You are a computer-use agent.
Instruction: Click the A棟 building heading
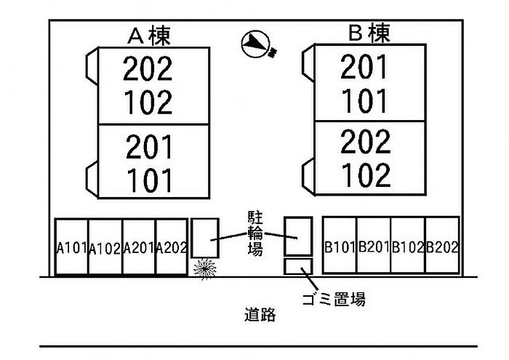(150, 34)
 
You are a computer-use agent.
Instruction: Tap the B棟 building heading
(370, 33)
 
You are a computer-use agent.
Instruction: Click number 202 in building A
(148, 70)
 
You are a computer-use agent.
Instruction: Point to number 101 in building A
(148, 180)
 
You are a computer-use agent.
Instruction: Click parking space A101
(71, 247)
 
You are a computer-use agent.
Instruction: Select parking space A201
(139, 247)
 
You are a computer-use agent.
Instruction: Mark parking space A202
(172, 247)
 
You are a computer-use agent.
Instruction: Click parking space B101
(340, 247)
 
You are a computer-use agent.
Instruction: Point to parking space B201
(374, 247)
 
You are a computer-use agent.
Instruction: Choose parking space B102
(408, 247)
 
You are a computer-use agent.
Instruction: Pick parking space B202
(442, 247)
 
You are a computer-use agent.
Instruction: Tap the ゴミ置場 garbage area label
(332, 298)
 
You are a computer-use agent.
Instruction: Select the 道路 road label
(260, 316)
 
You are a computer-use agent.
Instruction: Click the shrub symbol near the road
(205, 268)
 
